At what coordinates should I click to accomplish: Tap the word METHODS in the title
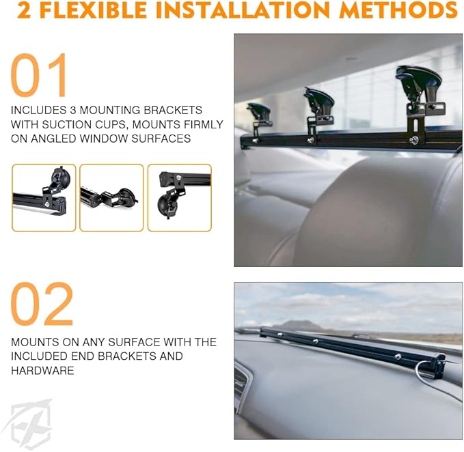click(398, 10)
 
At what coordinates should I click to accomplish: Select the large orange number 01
click(39, 75)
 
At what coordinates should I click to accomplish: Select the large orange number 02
click(42, 304)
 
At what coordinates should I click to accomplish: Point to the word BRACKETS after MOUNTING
click(173, 110)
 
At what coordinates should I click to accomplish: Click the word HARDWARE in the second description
click(42, 371)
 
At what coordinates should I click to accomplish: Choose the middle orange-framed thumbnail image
click(111, 197)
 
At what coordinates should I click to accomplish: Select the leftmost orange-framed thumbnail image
click(44, 197)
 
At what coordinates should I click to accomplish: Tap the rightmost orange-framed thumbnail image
click(179, 197)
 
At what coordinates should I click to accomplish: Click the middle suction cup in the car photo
click(319, 100)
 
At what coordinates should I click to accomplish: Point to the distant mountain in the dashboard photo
click(299, 326)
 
